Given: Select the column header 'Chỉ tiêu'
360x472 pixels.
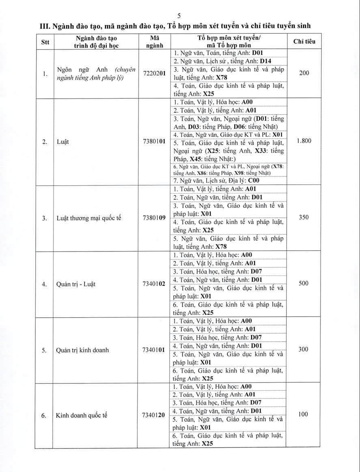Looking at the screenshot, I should pyautogui.click(x=304, y=41).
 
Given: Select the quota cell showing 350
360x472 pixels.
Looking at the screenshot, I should pyautogui.click(x=304, y=217).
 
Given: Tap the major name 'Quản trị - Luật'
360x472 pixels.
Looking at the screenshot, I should pyautogui.click(x=76, y=284).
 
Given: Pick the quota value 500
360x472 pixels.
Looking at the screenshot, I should pyautogui.click(x=304, y=283).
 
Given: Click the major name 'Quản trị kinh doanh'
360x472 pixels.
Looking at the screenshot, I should pyautogui.click(x=83, y=350).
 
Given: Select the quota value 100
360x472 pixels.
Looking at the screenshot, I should pyautogui.click(x=303, y=414).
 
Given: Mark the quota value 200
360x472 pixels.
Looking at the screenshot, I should pyautogui.click(x=304, y=73).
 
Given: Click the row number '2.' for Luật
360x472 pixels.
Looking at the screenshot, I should pyautogui.click(x=44, y=143).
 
